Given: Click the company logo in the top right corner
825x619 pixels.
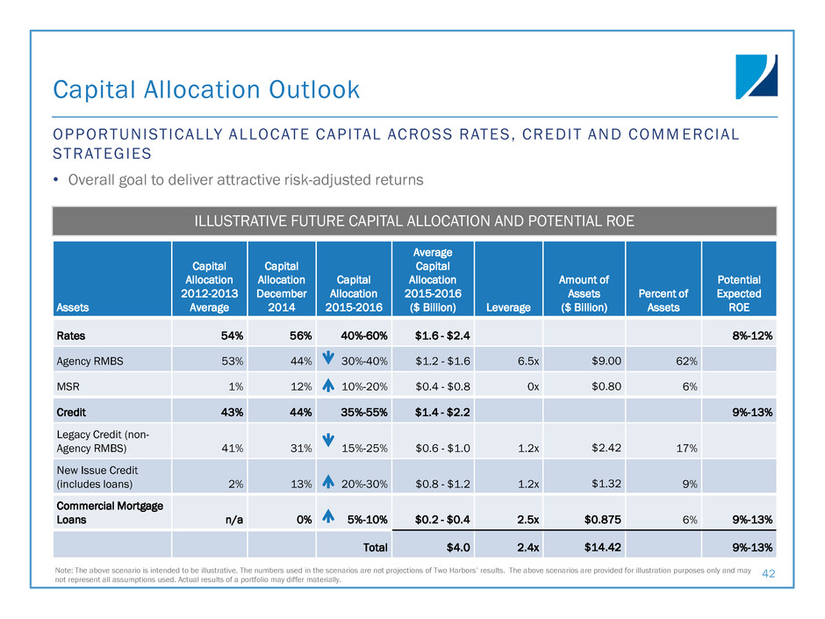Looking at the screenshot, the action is click(x=756, y=77).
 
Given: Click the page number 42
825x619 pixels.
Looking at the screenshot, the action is click(x=768, y=573).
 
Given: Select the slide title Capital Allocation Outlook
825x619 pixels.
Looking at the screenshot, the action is click(x=206, y=90).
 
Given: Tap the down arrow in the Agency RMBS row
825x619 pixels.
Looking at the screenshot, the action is click(x=327, y=358).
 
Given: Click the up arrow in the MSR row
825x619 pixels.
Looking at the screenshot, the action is click(x=327, y=385).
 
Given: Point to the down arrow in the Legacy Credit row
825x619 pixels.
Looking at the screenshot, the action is click(x=327, y=440).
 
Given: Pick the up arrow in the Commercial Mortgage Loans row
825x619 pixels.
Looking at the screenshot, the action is click(x=327, y=516).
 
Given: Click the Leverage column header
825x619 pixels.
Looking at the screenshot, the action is click(x=508, y=307).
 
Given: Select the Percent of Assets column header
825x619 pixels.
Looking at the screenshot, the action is click(x=663, y=300).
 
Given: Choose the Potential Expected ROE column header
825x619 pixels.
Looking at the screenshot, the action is click(x=739, y=294).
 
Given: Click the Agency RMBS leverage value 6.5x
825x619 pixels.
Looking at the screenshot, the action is click(x=527, y=361).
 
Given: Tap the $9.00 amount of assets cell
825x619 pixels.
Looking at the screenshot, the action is click(x=606, y=361).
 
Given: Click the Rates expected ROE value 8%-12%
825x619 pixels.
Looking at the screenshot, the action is click(x=752, y=335).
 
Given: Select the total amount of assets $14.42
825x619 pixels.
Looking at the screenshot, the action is click(x=602, y=547).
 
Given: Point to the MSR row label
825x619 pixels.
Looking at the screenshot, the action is click(x=68, y=387).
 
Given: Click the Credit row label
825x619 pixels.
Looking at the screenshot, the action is click(x=71, y=412).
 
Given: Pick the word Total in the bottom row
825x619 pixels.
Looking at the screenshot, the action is click(x=375, y=547).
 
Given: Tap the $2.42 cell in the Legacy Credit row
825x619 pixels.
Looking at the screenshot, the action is click(x=606, y=448).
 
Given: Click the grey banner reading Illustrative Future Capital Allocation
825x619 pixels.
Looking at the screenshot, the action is click(x=414, y=221).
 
